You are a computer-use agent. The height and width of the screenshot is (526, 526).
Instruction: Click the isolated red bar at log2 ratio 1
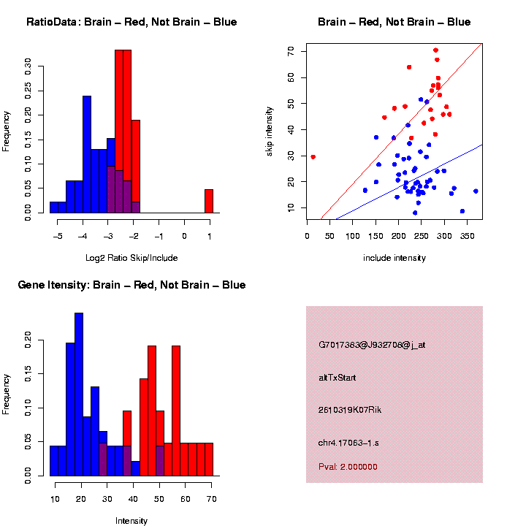[209, 201]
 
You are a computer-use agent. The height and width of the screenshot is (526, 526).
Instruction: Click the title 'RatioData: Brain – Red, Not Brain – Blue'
[131, 22]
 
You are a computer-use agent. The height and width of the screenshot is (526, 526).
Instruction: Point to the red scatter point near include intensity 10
[313, 156]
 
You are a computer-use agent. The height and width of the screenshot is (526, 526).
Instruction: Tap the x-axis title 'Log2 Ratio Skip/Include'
[131, 258]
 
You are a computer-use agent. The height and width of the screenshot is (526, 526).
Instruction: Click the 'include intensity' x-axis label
[394, 258]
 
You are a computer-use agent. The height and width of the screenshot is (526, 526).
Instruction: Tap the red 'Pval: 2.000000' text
[348, 466]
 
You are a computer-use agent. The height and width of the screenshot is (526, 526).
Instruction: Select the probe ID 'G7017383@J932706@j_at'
[371, 345]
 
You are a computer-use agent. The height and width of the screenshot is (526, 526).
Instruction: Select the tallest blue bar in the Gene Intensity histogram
[79, 394]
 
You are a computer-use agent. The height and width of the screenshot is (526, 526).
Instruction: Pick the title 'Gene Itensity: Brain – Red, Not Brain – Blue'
[131, 285]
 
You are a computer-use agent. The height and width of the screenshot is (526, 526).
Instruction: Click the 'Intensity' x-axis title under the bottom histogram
[131, 521]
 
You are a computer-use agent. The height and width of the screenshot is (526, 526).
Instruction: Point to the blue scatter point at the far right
[476, 191]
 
